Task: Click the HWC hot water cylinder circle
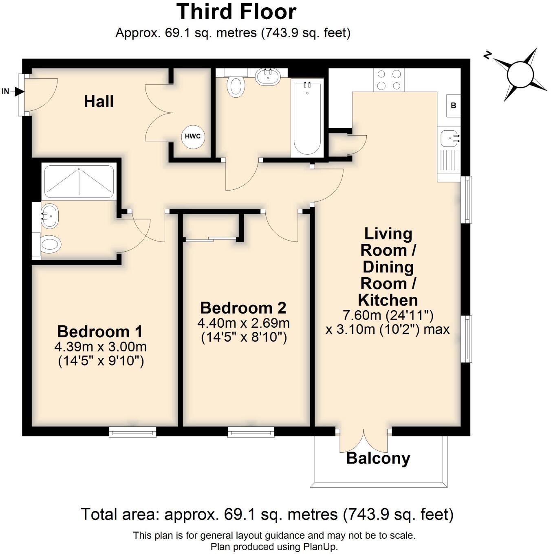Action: point(193,136)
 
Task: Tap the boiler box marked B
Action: point(453,105)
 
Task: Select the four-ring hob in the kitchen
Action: point(389,80)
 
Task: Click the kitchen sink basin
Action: point(450,138)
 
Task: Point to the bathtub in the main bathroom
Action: point(307,118)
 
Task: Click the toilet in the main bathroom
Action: point(235,86)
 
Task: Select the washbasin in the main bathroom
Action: point(267,77)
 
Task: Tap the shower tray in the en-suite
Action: point(79,182)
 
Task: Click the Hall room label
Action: point(99,101)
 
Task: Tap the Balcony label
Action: point(378,458)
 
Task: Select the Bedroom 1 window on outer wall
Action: point(132,432)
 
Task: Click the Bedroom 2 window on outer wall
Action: point(251,432)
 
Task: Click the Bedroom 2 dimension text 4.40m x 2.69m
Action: point(243,323)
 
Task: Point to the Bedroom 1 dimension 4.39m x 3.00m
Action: point(100,347)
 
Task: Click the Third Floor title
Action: point(236,12)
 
